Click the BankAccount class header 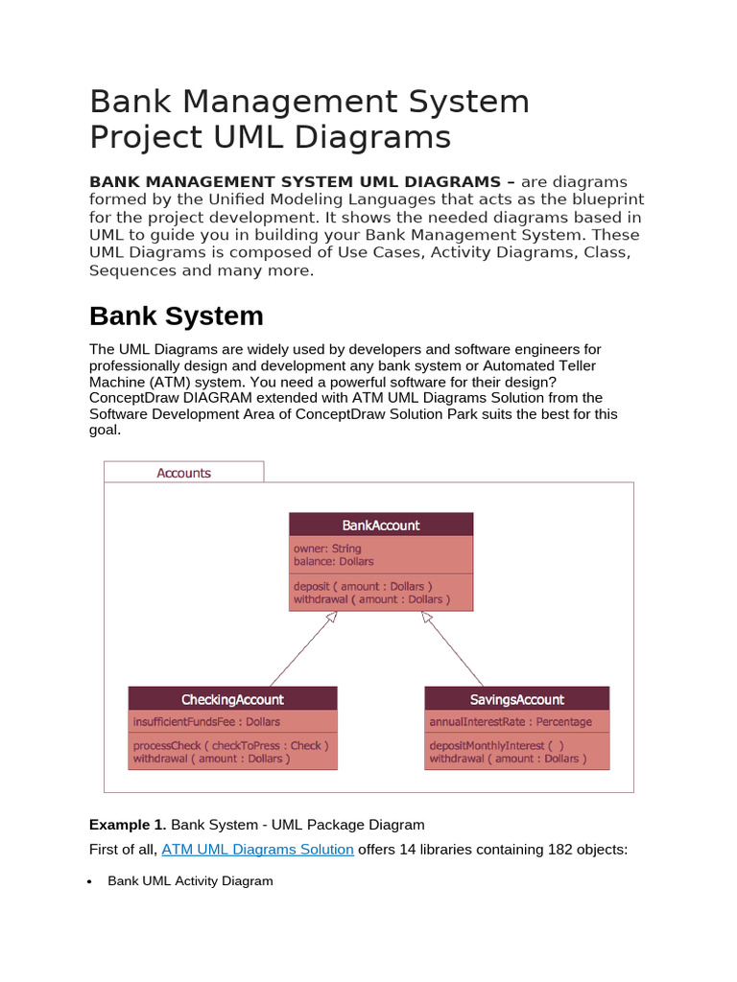pyautogui.click(x=381, y=525)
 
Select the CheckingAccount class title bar pyautogui.click(x=232, y=699)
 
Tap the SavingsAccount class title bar pyautogui.click(x=516, y=699)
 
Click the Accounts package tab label pyautogui.click(x=183, y=473)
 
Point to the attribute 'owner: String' pyautogui.click(x=327, y=549)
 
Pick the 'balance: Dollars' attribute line pyautogui.click(x=334, y=561)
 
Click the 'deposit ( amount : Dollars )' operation pyautogui.click(x=363, y=586)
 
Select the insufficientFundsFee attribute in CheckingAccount pyautogui.click(x=206, y=721)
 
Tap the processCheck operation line pyautogui.click(x=230, y=745)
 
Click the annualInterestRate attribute pyautogui.click(x=511, y=721)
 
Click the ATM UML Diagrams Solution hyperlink pyautogui.click(x=257, y=849)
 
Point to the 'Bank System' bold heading pyautogui.click(x=176, y=316)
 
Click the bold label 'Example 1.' pyautogui.click(x=128, y=824)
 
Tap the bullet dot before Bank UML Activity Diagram pyautogui.click(x=90, y=881)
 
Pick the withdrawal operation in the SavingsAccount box pyautogui.click(x=505, y=759)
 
